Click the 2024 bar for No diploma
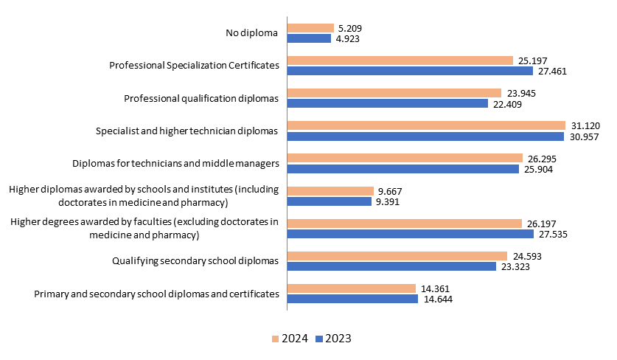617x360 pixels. coord(310,28)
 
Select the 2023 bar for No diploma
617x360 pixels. coord(309,38)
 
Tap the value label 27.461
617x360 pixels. coord(551,72)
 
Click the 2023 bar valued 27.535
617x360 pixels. coord(410,234)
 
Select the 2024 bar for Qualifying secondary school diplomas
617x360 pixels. coord(397,255)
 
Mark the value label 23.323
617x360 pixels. coord(515,266)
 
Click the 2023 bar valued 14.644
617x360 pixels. coord(352,299)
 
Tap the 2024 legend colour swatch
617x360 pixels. coord(275,339)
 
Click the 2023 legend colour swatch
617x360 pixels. coord(318,339)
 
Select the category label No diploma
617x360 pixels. coord(252,33)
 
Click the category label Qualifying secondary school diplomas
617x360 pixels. coord(195,260)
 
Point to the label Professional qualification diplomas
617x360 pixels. coord(201,98)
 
